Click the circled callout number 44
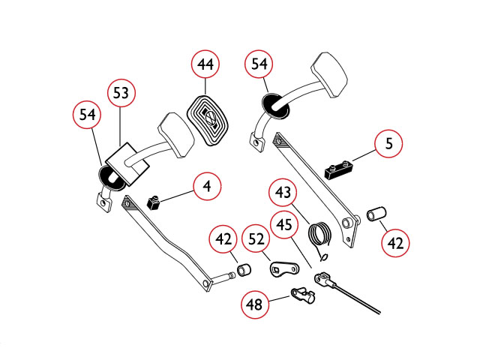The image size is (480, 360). pos(205,64)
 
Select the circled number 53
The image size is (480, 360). pos(121,93)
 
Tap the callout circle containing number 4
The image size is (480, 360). pos(207,186)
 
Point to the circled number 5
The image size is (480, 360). pos(388,143)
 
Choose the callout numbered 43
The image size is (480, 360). pos(283,193)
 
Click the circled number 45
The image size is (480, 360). pos(284,224)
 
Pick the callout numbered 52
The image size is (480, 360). pos(256,239)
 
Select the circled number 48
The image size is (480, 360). pos(255,304)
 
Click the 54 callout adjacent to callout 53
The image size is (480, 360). pos(87,115)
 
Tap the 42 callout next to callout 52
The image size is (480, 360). pos(223,239)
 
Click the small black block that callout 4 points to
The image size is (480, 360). pos(154,203)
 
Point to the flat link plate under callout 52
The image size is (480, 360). pos(284,268)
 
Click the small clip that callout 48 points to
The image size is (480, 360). pos(302,295)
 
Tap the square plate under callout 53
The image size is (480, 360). pos(127,163)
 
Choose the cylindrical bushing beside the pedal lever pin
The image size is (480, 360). pos(244,270)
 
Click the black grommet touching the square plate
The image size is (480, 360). pos(111,177)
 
